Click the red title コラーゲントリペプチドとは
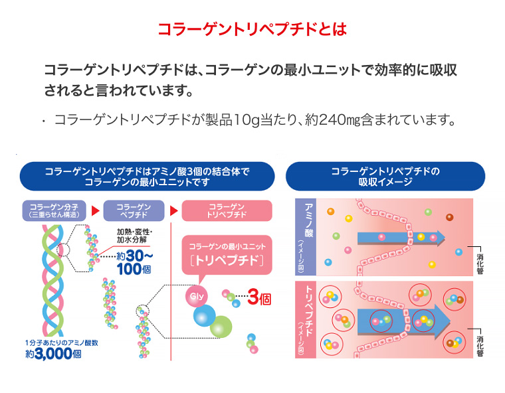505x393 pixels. (252, 29)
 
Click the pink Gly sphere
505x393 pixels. (197, 296)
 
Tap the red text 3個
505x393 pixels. (259, 298)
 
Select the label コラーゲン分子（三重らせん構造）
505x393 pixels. (54, 210)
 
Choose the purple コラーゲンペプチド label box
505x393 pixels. (134, 210)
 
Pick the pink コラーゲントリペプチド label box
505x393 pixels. (227, 210)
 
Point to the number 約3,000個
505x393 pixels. (53, 354)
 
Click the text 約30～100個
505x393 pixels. (134, 262)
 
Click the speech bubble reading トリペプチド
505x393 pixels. (227, 255)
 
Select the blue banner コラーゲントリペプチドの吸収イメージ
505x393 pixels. (385, 176)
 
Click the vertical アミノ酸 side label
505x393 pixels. (306, 237)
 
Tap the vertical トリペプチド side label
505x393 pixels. (306, 319)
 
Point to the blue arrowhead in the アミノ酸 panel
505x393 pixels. (440, 238)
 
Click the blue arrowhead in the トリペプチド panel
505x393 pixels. (442, 321)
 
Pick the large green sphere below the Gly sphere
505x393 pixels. (221, 327)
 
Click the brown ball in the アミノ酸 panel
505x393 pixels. (450, 217)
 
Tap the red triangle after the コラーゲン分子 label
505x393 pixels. (95, 211)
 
